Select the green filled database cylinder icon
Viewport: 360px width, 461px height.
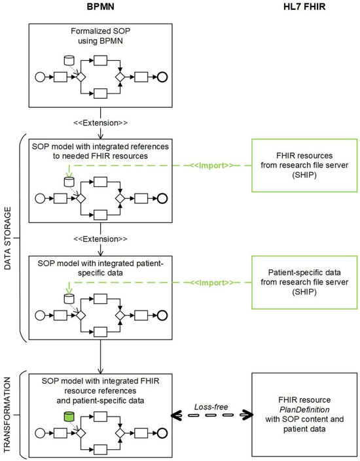[x=68, y=417]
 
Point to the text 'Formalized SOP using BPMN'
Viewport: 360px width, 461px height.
[x=100, y=38]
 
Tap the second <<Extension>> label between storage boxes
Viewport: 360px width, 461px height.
[x=100, y=239]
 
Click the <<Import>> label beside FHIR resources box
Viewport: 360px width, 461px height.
[x=207, y=165]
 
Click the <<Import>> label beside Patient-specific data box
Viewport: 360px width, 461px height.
[x=207, y=283]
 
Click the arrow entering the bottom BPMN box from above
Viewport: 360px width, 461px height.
[x=100, y=363]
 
